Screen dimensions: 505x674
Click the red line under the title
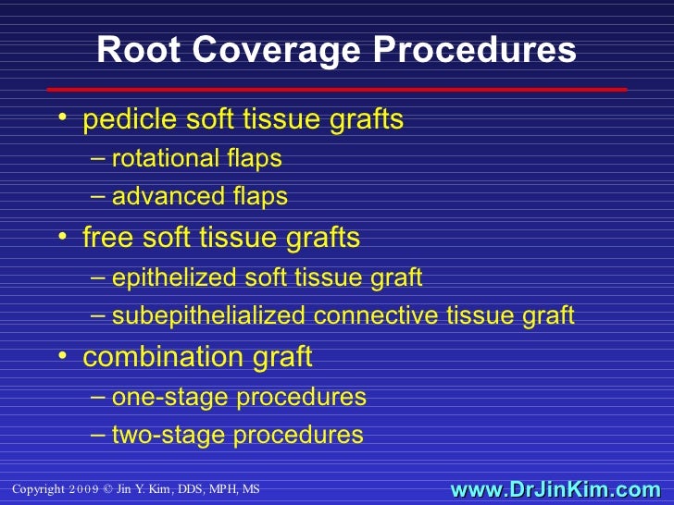pos(337,90)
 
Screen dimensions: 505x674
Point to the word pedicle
pos(120,120)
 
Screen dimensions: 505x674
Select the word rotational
pos(165,159)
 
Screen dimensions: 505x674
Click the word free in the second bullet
pos(105,238)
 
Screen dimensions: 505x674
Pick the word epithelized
pos(174,277)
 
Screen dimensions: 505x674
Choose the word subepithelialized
pos(208,316)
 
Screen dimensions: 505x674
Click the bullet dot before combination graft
pos(61,357)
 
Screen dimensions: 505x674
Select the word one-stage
pos(170,398)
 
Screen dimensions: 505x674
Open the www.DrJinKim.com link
pos(555,489)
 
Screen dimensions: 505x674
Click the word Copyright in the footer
pos(39,489)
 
